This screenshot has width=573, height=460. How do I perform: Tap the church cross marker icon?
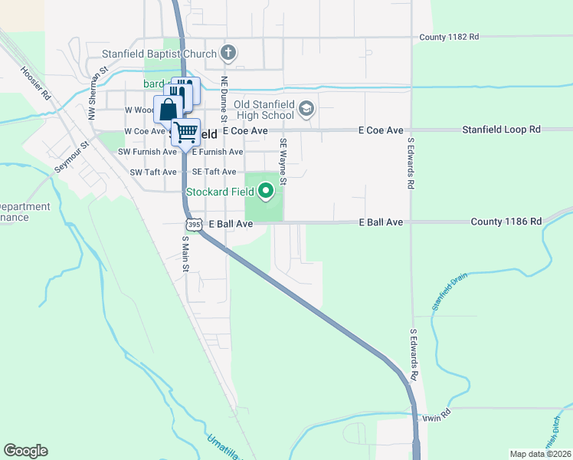coord(227,53)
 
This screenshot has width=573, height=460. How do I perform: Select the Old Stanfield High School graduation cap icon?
coord(306,108)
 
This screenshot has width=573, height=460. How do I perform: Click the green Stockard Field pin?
coord(267,190)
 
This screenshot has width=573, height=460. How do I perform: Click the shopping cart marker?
coord(185,132)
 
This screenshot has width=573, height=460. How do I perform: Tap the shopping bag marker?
coord(168,110)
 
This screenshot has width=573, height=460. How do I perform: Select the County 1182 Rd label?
coord(449,37)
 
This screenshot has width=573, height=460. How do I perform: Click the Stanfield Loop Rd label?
coord(501,130)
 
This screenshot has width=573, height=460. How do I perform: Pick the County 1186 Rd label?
coord(506,222)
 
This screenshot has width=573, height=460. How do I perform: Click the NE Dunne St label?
coord(224,98)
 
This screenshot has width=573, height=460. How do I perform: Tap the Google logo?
coord(25,451)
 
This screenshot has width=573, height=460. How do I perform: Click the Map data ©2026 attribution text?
coord(540,454)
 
